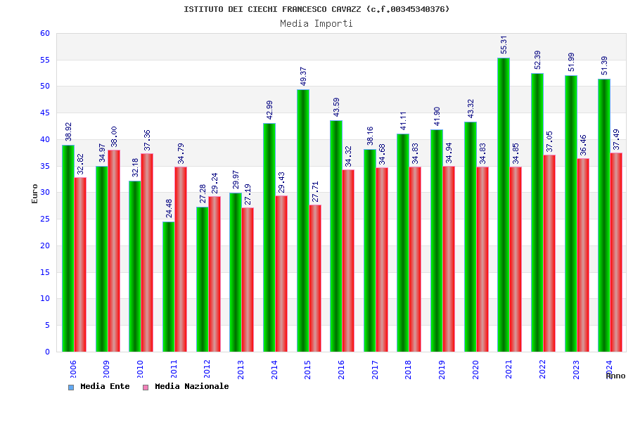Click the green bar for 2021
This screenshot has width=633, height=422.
pos(504,205)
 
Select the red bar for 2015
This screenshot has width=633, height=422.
pos(315,278)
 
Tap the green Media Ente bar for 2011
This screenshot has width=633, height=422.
pos(168,286)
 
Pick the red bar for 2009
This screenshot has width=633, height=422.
pos(114,250)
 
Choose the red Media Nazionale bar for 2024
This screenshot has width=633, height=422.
pos(616,252)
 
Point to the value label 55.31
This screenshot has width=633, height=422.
pos(504,44)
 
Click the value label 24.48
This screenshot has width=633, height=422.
pos(169,208)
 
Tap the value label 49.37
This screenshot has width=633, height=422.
pos(303,76)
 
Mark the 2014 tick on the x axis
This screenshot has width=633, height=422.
pos(274,369)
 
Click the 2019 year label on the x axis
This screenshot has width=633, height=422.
pos(442,369)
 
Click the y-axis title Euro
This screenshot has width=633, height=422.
pos(35,193)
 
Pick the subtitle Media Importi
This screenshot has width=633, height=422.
pos(316,23)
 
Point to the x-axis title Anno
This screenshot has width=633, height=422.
pos(615,376)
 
